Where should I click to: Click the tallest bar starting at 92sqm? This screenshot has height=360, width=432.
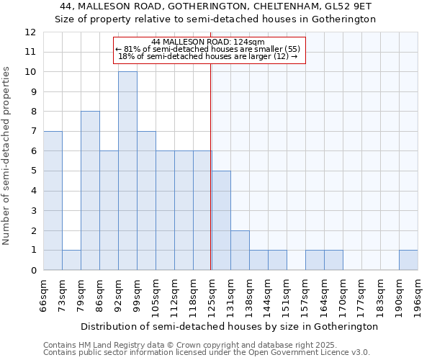click(127, 171)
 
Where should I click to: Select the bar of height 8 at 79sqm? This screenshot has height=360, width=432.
click(90, 191)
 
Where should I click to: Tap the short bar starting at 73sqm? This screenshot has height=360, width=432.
click(71, 260)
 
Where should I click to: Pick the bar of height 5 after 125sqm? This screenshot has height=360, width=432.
click(221, 220)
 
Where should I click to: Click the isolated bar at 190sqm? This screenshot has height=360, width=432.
click(408, 260)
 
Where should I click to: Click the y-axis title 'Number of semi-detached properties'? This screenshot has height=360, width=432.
click(7, 156)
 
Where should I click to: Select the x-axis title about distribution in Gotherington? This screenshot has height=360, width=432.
click(229, 326)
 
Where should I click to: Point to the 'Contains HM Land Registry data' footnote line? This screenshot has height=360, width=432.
click(186, 345)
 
